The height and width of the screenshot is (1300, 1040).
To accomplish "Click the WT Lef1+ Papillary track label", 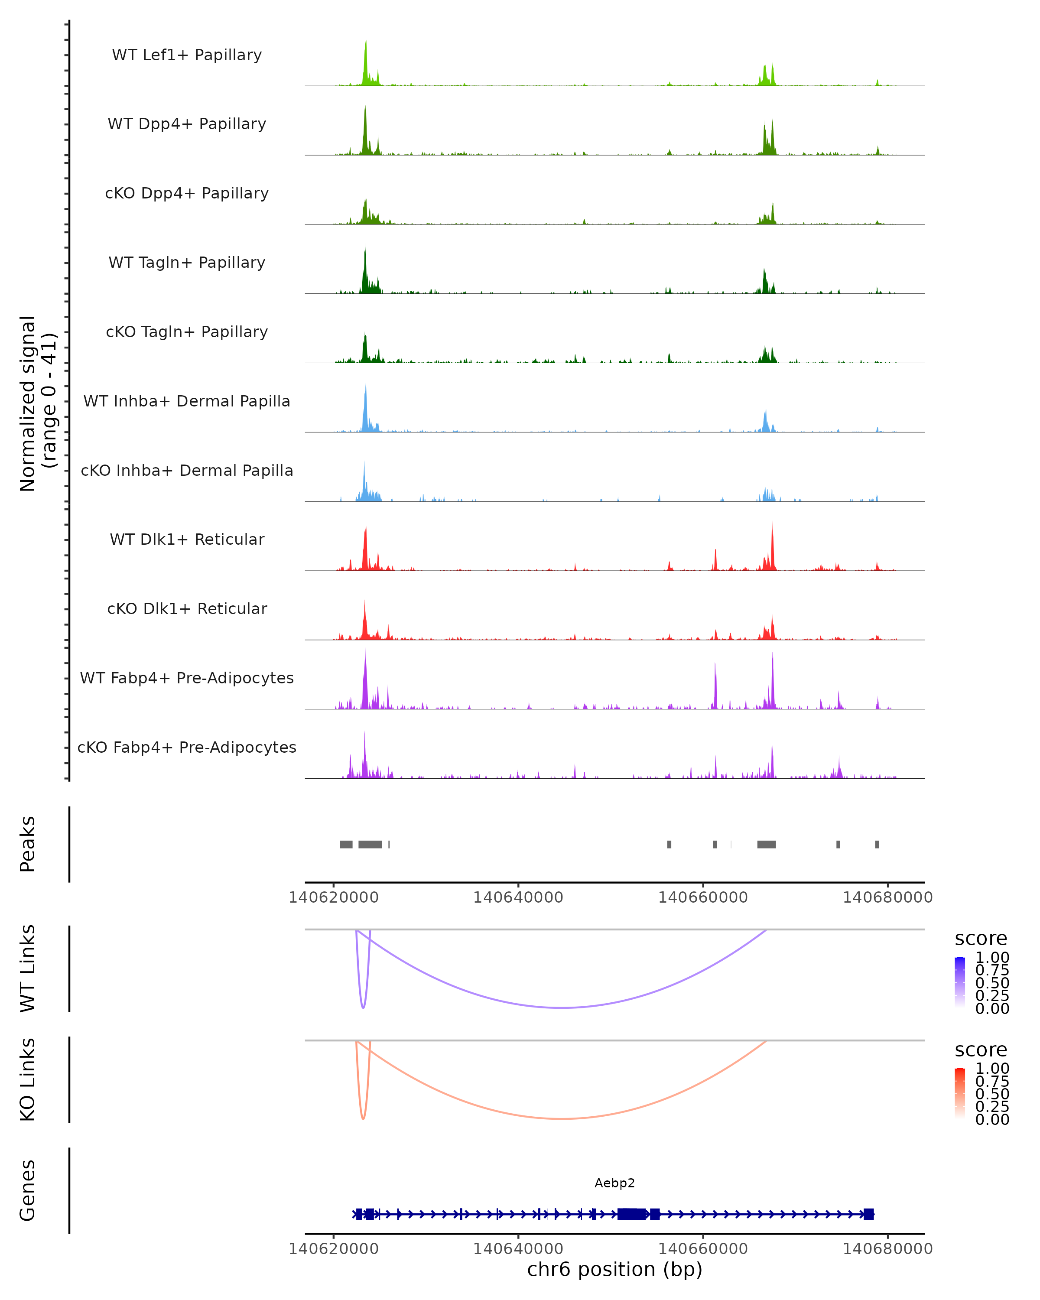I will tap(187, 55).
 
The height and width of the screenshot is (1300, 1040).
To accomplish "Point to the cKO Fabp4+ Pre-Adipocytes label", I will tap(187, 747).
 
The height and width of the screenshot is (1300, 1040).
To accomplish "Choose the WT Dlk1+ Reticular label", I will tap(187, 539).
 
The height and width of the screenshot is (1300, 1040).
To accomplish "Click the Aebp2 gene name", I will tap(614, 1183).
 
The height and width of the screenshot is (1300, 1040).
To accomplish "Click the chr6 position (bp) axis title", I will tap(614, 1270).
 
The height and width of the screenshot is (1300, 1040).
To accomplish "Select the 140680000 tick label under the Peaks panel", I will tap(887, 897).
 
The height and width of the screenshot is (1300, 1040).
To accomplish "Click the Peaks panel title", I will tap(28, 844).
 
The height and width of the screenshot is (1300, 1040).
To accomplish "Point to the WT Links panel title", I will tap(28, 968).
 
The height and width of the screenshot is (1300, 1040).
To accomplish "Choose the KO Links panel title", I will tap(28, 1079).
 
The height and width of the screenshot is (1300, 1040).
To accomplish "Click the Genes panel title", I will tap(28, 1190).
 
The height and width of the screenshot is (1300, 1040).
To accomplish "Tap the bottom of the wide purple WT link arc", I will tap(562, 1007).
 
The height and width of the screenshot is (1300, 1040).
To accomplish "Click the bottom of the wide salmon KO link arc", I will tap(562, 1118).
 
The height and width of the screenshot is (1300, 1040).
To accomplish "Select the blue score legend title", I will tap(980, 939).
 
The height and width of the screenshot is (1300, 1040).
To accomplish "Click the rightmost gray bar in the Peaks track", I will tap(877, 844).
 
